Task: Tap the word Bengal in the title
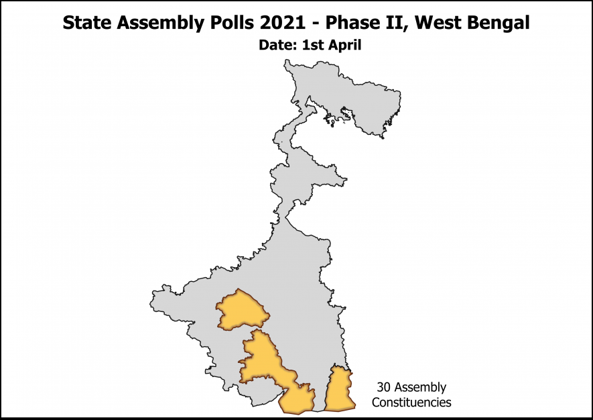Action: click(497, 23)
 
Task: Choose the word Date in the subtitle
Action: click(276, 46)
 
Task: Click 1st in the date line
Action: click(312, 46)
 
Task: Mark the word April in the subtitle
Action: click(345, 46)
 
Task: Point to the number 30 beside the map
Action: click(384, 388)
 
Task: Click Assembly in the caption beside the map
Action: click(420, 388)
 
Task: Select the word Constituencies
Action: click(411, 403)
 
